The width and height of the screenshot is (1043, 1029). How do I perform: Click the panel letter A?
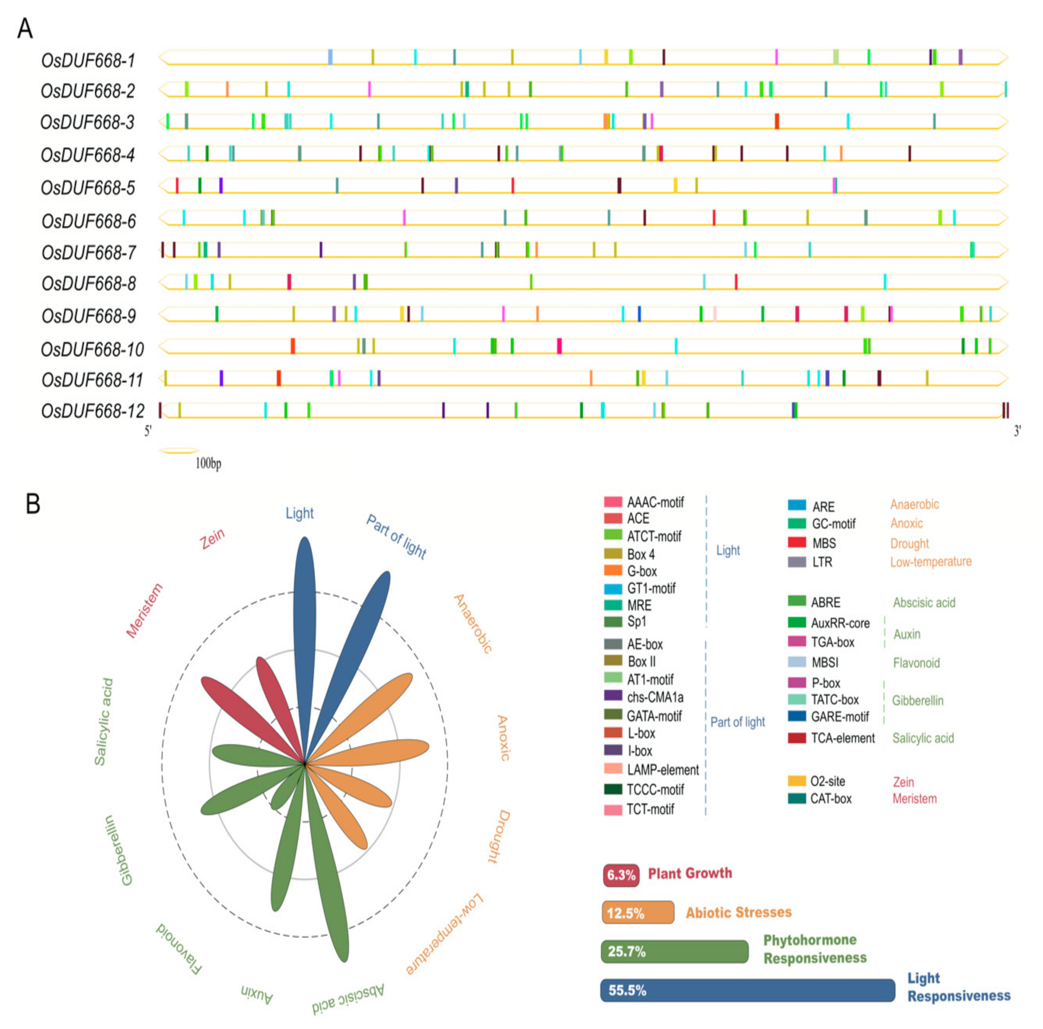click(x=25, y=28)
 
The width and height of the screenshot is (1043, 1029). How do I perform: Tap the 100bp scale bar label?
click(x=208, y=463)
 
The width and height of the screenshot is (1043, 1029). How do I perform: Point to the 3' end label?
click(x=1017, y=431)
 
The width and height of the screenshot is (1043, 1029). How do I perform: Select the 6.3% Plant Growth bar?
click(x=621, y=874)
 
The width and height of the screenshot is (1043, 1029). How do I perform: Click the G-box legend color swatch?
click(x=613, y=570)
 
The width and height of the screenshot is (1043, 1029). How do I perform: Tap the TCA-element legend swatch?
click(x=797, y=738)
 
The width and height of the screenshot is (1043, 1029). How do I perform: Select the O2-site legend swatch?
click(x=797, y=781)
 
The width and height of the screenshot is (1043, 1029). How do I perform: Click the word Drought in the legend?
click(x=909, y=543)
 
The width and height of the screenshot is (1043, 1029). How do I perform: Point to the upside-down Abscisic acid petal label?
click(x=348, y=999)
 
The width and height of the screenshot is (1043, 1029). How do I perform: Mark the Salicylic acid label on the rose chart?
click(x=103, y=722)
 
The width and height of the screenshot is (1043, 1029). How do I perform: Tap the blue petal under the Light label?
click(x=305, y=621)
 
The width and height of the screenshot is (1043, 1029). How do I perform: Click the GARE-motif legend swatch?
click(x=797, y=717)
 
